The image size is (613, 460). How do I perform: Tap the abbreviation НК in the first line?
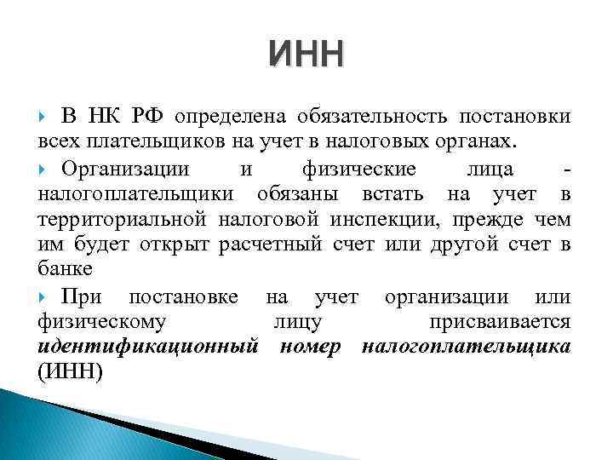(106, 117)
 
